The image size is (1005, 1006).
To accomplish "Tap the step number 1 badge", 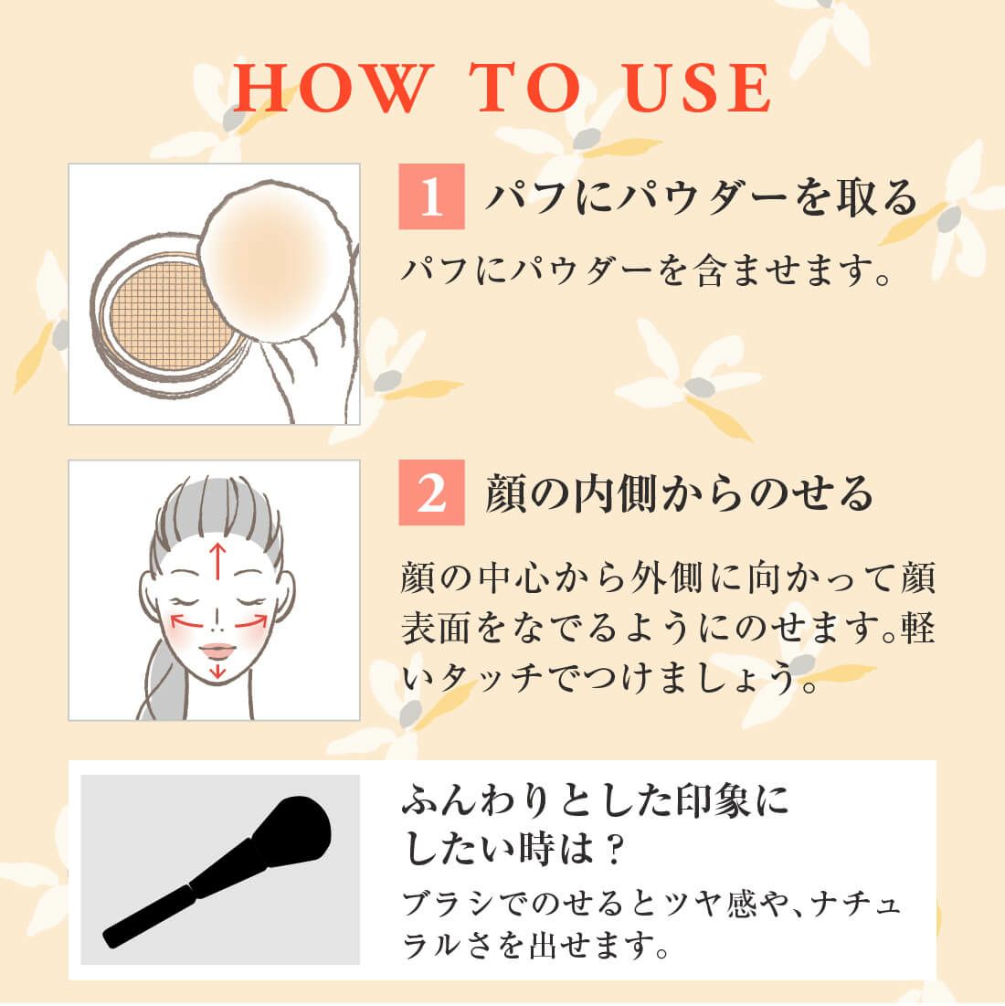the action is tap(431, 196).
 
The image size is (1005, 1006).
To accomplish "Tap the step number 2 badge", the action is tap(431, 492).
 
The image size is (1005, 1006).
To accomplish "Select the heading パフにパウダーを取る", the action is tap(701, 196).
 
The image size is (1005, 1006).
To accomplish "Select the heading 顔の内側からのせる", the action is tap(679, 492).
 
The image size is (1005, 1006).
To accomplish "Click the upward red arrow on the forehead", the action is tap(218, 560).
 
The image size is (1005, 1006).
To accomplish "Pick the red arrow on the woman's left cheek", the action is tap(251, 621).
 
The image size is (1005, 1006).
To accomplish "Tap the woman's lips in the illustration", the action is tap(218, 651).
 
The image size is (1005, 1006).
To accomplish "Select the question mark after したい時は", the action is tap(613, 850).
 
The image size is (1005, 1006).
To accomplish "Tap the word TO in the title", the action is tap(524, 88).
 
